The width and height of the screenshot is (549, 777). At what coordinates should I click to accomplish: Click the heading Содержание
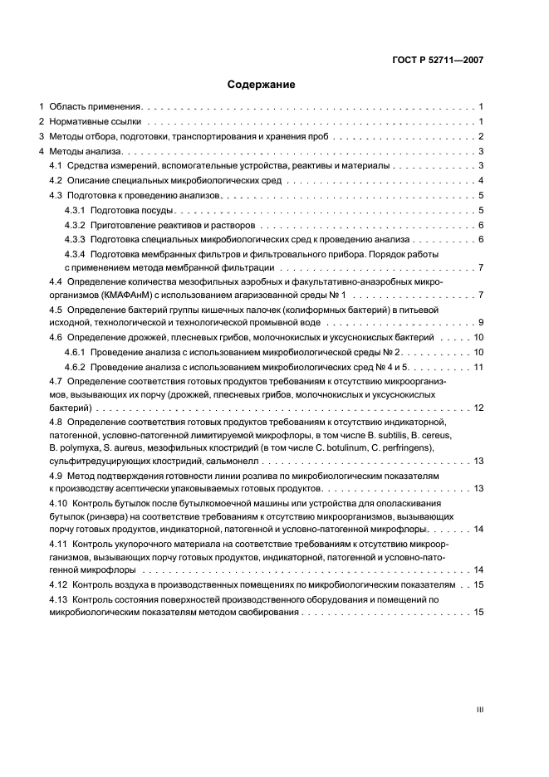261,84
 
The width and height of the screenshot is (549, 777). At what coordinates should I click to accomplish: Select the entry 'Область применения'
96,107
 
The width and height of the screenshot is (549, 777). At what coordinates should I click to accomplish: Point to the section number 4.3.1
75,211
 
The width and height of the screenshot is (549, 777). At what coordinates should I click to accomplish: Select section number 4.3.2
75,226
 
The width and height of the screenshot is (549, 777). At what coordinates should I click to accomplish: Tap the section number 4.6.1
75,353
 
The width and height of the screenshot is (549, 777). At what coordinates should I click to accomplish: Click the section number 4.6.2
75,367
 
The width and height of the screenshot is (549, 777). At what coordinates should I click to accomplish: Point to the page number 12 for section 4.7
479,408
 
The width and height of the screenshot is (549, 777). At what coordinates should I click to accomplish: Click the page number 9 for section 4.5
481,322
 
